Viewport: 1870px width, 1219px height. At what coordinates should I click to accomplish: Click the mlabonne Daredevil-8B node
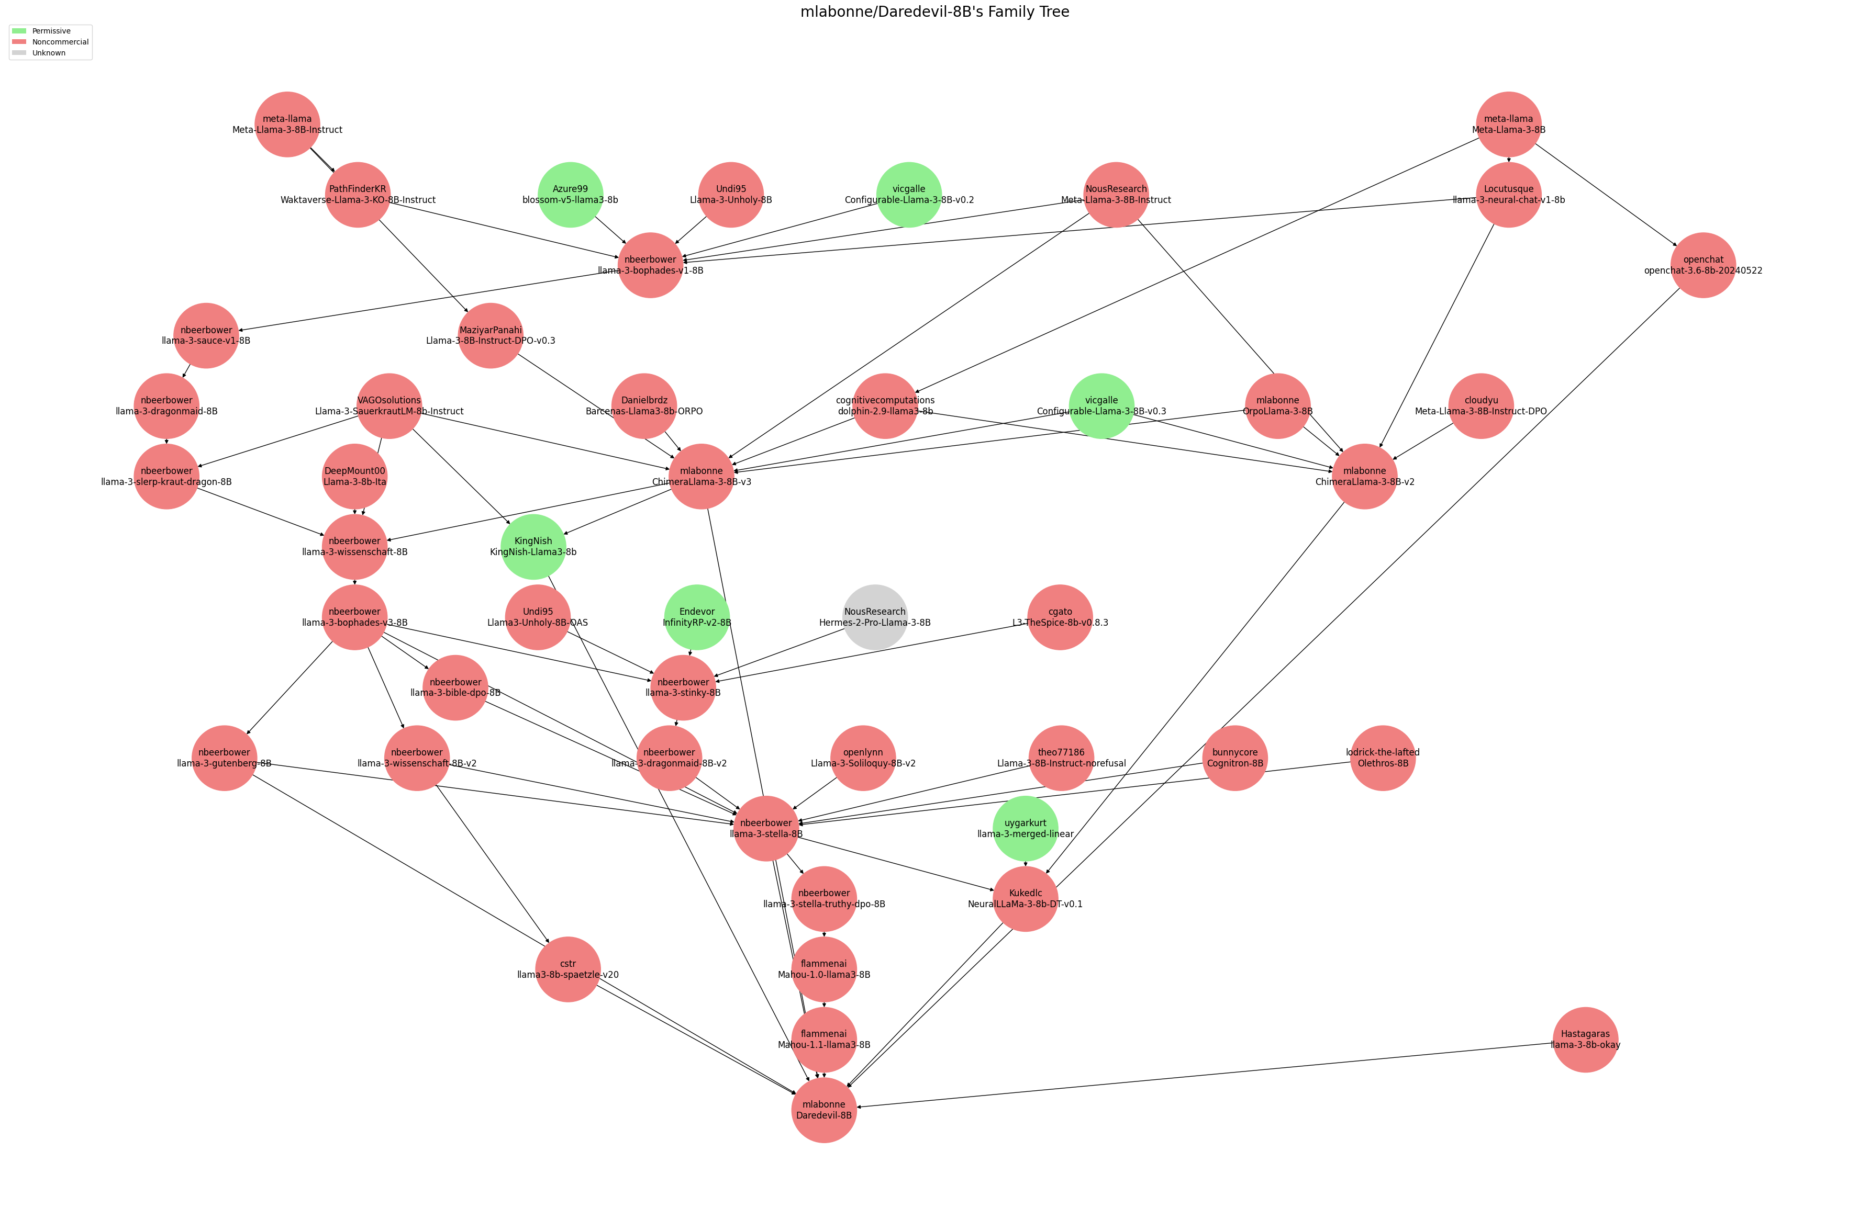[823, 1110]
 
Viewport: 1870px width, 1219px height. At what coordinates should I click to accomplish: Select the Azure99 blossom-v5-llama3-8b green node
[570, 195]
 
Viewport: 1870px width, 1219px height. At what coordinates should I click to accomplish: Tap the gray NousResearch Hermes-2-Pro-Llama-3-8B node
[874, 617]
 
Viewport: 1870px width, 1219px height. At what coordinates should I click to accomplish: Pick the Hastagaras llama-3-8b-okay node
[1585, 1039]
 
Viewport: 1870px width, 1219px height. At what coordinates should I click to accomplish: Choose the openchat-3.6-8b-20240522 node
[1702, 265]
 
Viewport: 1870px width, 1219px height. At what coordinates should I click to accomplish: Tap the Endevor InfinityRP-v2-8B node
[696, 617]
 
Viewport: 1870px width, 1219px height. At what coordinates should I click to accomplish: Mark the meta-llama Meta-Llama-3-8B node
[1508, 124]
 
